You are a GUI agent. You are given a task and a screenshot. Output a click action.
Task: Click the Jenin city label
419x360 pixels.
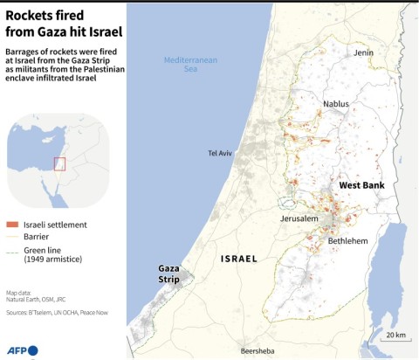[364, 52]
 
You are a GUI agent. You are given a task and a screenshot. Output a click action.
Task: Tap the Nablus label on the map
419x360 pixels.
[336, 104]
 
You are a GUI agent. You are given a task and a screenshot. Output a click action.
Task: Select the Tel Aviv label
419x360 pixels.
[221, 153]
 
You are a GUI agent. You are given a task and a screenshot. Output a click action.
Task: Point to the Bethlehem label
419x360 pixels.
[347, 240]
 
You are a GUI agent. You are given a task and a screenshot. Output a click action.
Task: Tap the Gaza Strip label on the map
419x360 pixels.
[168, 273]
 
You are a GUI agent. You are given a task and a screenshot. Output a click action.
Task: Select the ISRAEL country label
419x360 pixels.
[239, 260]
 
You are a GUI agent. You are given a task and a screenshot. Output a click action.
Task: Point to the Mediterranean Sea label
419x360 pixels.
[189, 65]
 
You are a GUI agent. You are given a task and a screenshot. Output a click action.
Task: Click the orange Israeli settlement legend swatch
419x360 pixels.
[12, 225]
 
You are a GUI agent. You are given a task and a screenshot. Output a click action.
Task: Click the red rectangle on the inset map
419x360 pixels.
[60, 163]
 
